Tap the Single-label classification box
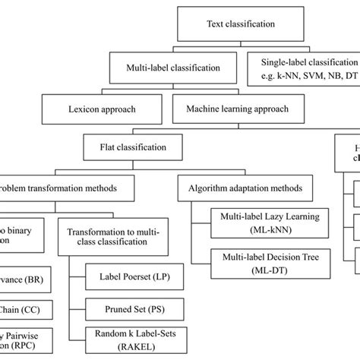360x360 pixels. pos(303,68)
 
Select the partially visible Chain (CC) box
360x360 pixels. pos(19,310)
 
